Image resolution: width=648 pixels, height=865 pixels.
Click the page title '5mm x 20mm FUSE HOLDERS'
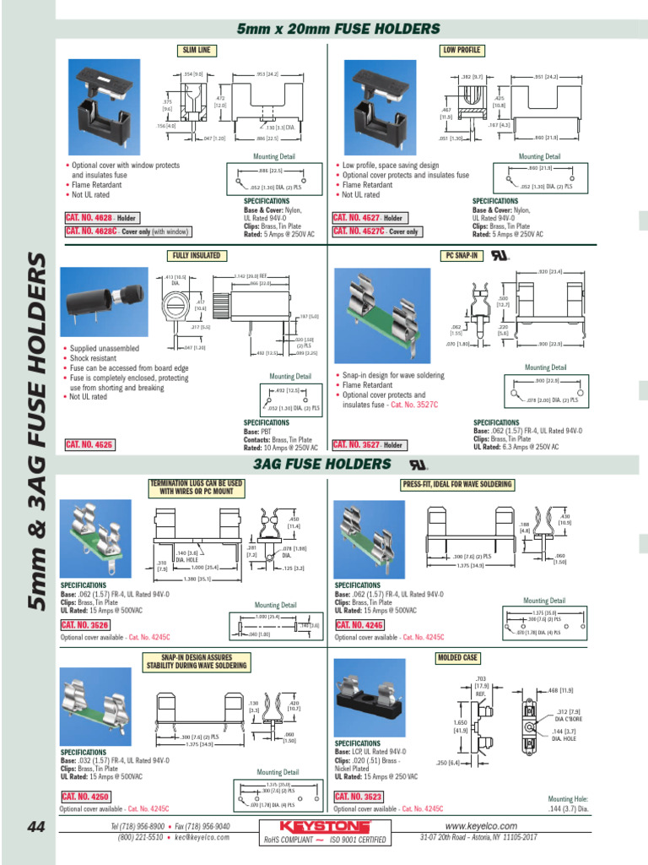click(x=338, y=30)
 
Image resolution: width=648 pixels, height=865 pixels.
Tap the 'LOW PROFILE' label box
click(x=462, y=51)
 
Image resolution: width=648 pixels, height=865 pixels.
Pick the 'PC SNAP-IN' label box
click(x=462, y=255)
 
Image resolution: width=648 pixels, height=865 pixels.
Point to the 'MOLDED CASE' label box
click(x=457, y=657)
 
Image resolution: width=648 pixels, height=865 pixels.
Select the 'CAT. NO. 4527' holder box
click(x=370, y=218)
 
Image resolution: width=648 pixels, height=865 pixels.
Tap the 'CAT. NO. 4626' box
click(x=89, y=444)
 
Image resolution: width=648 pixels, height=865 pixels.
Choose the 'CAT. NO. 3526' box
click(x=85, y=625)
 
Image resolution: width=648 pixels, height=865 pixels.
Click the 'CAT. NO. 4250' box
click(x=85, y=797)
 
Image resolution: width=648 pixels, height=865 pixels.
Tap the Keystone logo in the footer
click(x=325, y=824)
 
